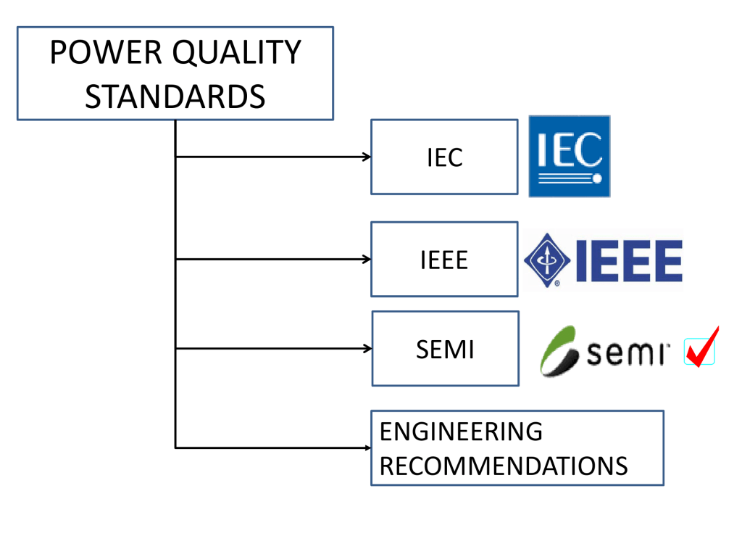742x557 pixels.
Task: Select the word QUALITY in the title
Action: [x=233, y=53]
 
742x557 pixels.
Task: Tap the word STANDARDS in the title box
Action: [x=175, y=96]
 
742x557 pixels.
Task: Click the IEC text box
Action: [x=444, y=157]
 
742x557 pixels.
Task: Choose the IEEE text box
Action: [x=444, y=260]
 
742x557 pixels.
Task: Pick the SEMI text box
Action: [x=445, y=349]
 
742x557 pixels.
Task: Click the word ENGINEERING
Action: [x=461, y=432]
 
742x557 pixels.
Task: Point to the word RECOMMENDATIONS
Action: [x=504, y=466]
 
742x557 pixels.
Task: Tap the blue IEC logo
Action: [x=569, y=156]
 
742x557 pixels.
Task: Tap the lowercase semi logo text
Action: [x=628, y=354]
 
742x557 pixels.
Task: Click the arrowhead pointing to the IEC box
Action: [x=367, y=156]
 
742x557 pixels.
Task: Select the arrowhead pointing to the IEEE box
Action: [x=367, y=259]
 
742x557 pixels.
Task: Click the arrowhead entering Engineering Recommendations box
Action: [x=367, y=447]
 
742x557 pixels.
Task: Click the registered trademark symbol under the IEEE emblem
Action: [x=556, y=284]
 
